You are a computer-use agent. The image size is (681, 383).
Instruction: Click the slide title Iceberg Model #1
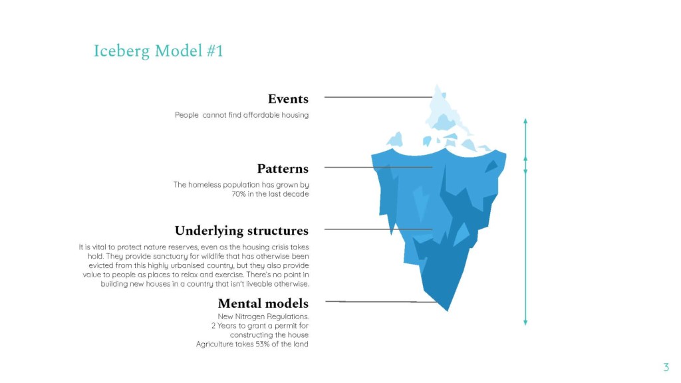pyautogui.click(x=158, y=51)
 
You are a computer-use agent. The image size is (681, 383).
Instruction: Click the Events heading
pyautogui.click(x=288, y=99)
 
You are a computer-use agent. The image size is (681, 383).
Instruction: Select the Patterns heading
pyautogui.click(x=283, y=168)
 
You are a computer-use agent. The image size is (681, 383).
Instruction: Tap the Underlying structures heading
pyautogui.click(x=241, y=231)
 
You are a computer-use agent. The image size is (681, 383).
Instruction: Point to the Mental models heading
pyautogui.click(x=263, y=303)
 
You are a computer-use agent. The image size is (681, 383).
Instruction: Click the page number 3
pyautogui.click(x=666, y=367)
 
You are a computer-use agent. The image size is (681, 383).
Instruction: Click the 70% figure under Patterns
pyautogui.click(x=239, y=194)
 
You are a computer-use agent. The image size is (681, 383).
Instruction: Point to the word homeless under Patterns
pyautogui.click(x=205, y=185)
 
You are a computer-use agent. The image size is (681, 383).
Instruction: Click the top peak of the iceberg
pyautogui.click(x=438, y=85)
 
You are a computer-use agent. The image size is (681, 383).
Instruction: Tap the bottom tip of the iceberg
pyautogui.click(x=448, y=311)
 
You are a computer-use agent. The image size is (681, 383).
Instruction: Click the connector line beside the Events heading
pyautogui.click(x=378, y=97)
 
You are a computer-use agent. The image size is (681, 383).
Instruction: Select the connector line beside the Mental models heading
pyautogui.click(x=381, y=301)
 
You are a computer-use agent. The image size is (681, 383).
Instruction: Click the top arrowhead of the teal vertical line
pyautogui.click(x=525, y=121)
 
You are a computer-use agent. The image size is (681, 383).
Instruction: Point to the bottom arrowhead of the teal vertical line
pyautogui.click(x=525, y=322)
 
